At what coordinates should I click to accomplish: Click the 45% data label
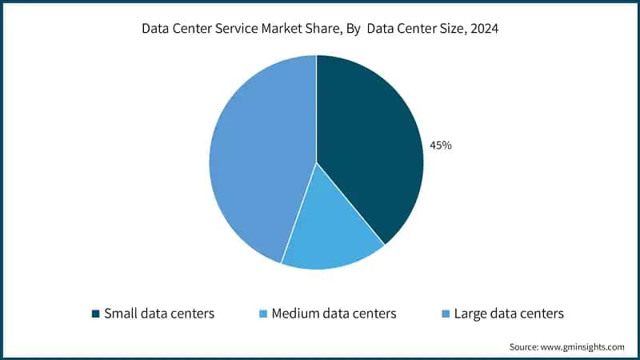point(440,146)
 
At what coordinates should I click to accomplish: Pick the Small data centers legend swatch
point(96,314)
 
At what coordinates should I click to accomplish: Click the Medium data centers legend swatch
point(263,314)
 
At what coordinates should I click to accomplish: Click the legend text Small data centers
point(159,314)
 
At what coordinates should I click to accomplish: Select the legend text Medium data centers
point(334,314)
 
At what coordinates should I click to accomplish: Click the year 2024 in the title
point(482,29)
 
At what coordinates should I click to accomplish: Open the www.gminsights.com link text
point(584,347)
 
